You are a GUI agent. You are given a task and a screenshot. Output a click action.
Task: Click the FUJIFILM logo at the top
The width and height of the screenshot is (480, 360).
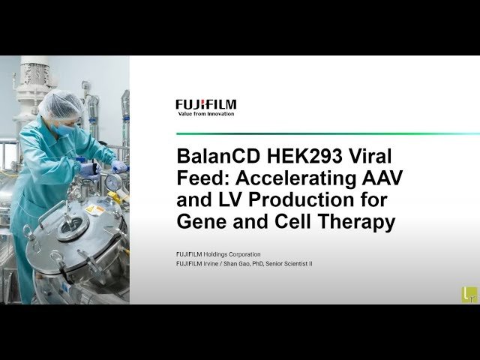click(x=205, y=104)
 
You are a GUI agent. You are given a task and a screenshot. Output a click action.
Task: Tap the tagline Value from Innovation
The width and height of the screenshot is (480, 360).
click(x=205, y=114)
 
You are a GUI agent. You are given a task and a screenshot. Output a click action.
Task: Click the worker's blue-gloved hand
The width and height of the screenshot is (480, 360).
click(x=118, y=166)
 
